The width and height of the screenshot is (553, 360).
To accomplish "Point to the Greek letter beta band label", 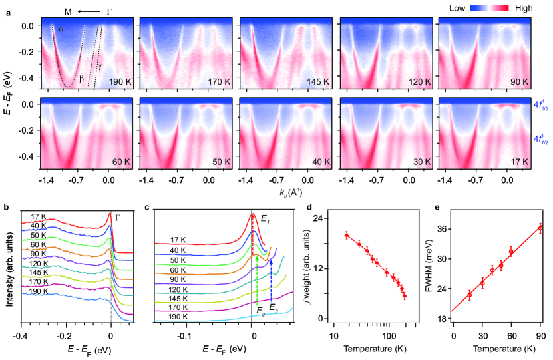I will click(x=81, y=78).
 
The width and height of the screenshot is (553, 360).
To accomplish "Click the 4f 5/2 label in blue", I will click(x=540, y=104).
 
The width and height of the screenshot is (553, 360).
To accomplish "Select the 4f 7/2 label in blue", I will click(x=540, y=139).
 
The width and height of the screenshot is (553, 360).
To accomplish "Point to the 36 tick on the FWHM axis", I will click(x=441, y=228).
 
